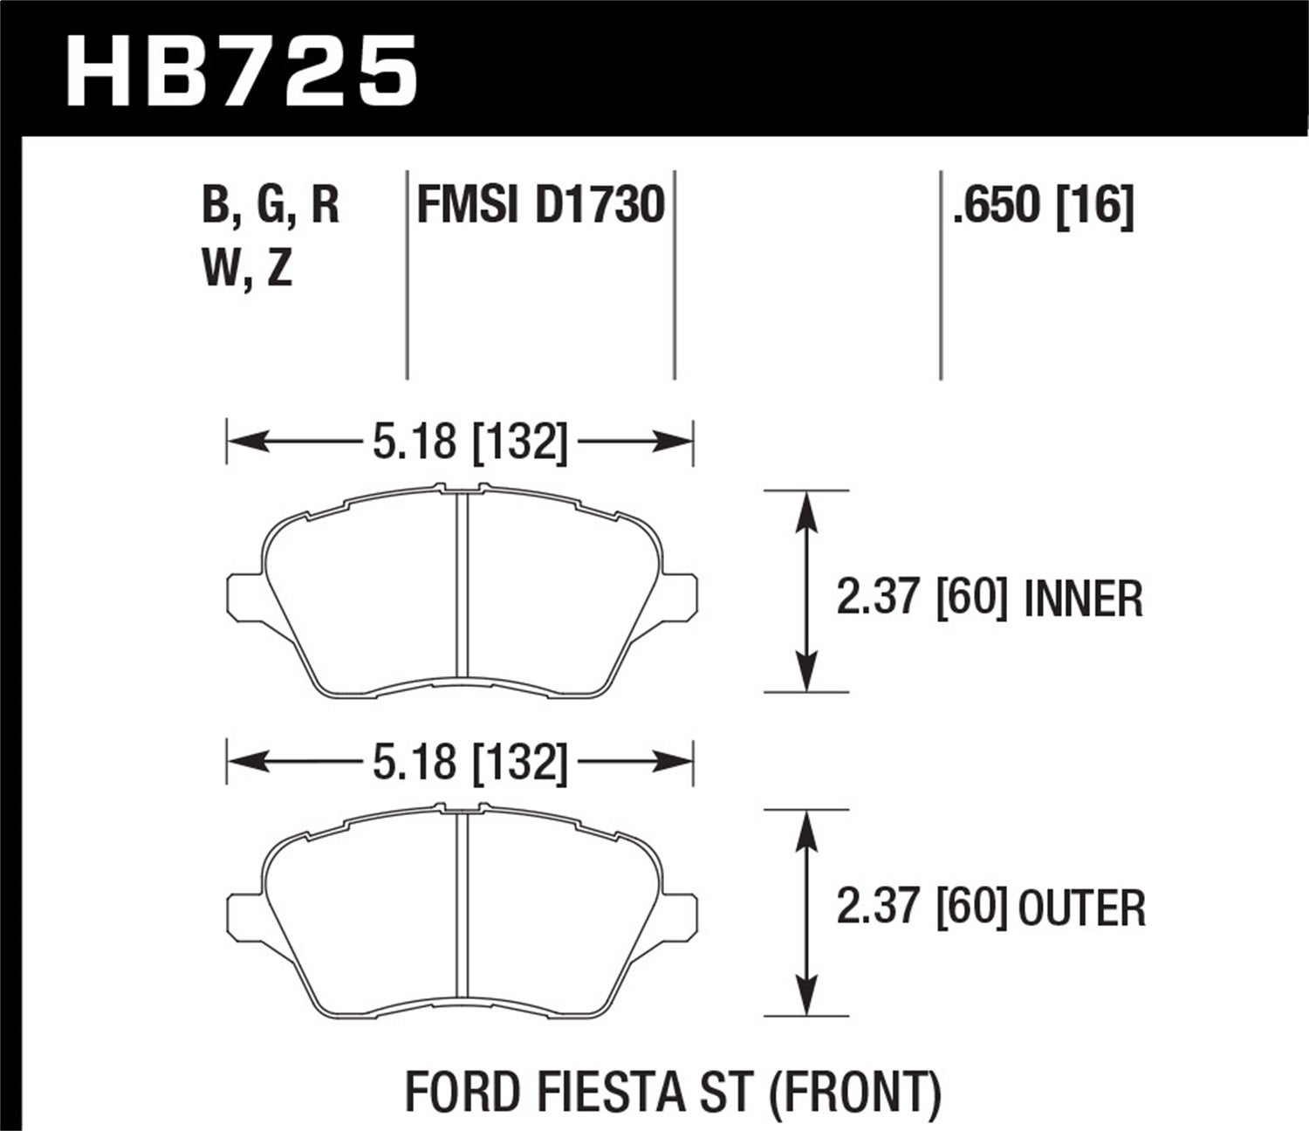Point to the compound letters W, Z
pyautogui.click(x=246, y=271)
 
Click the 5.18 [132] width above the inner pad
pyautogui.click(x=469, y=442)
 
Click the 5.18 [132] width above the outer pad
pyautogui.click(x=469, y=763)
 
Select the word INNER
pyautogui.click(x=1083, y=600)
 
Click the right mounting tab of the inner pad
pyautogui.click(x=680, y=594)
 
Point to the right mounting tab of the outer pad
pyautogui.click(x=680, y=914)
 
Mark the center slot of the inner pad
pyautogui.click(x=463, y=585)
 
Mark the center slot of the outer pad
pyautogui.click(x=463, y=904)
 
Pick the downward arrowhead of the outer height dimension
pyautogui.click(x=806, y=997)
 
